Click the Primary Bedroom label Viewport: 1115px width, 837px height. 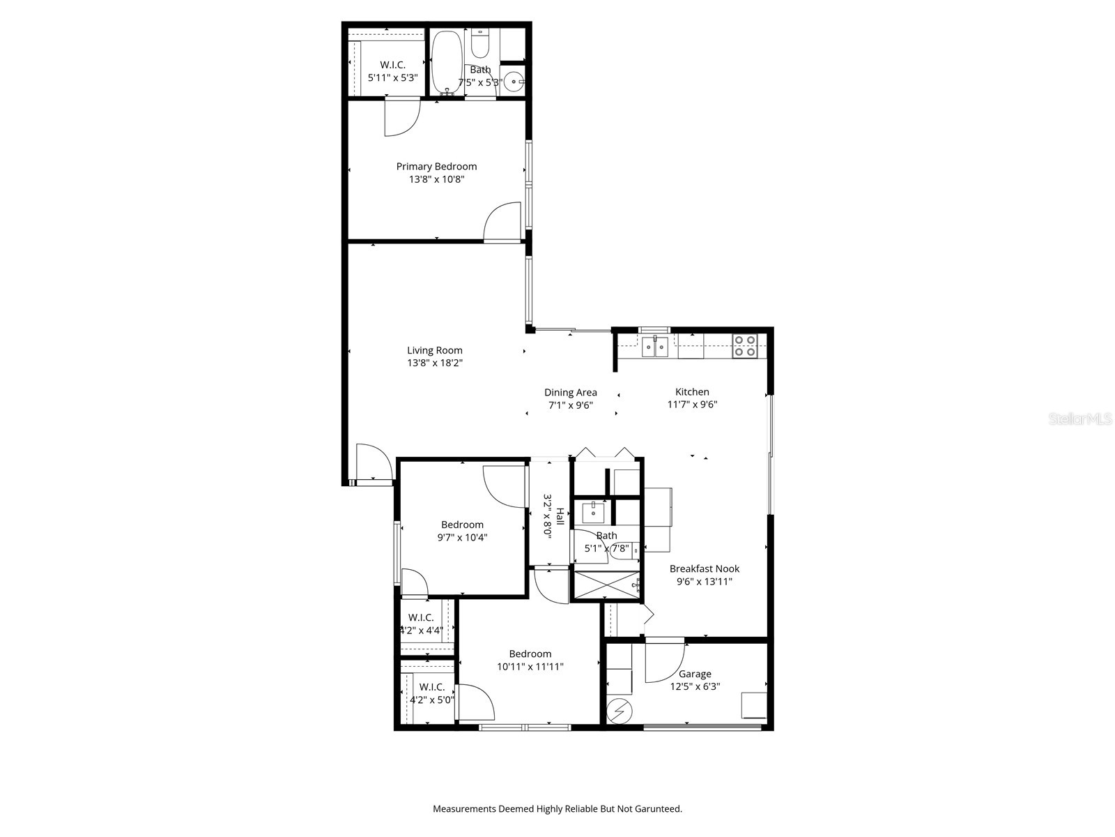coord(436,167)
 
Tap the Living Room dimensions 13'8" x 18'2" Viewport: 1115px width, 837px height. coord(435,363)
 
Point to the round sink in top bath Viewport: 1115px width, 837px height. coord(514,82)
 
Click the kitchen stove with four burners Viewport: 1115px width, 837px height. coord(744,346)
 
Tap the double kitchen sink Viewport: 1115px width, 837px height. coord(655,346)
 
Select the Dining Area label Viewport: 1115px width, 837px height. coord(570,393)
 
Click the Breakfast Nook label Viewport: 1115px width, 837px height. coord(705,569)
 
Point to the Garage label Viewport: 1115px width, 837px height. coord(695,674)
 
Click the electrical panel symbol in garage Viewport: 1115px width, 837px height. coord(617,711)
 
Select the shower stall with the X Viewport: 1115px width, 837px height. coord(605,586)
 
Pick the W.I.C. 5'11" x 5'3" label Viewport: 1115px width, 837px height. coord(392,71)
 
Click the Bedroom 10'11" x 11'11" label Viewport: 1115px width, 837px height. coord(530,661)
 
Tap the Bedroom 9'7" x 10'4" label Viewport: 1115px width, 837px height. coord(462,531)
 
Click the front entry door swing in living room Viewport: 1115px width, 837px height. coord(372,462)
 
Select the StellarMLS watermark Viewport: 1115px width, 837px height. coord(1081,419)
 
